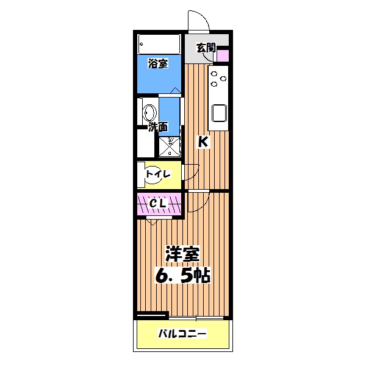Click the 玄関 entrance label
(x=206, y=47)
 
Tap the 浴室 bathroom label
(x=158, y=63)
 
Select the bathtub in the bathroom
(x=159, y=43)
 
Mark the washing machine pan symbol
(x=170, y=146)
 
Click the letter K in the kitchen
(x=203, y=142)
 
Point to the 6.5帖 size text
(x=183, y=275)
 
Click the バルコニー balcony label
(x=183, y=334)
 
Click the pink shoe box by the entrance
(x=223, y=56)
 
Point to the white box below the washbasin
(x=146, y=144)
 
